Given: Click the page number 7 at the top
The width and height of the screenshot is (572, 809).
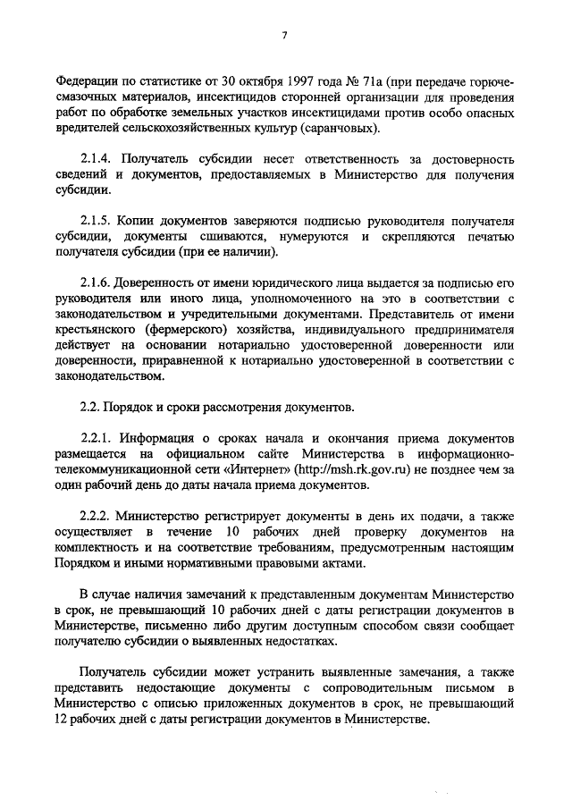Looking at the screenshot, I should coord(284,35).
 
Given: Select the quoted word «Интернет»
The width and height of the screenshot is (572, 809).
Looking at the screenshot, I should coord(265,470).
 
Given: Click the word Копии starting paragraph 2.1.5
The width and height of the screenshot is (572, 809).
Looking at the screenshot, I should coord(140,220).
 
